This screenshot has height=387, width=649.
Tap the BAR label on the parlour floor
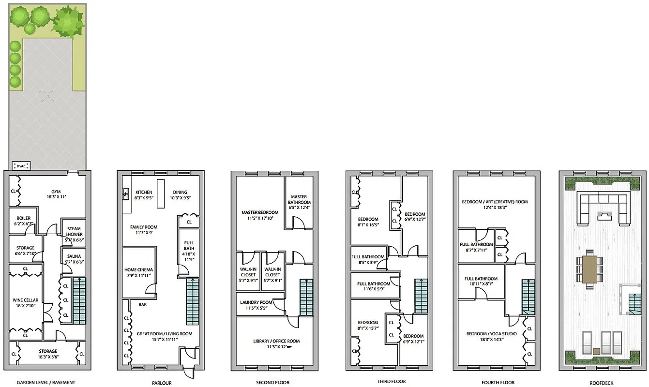coord(143,305)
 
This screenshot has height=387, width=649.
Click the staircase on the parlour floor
coord(193,301)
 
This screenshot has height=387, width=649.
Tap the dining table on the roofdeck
coord(589,269)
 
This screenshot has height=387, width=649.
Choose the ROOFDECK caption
coord(602,383)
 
